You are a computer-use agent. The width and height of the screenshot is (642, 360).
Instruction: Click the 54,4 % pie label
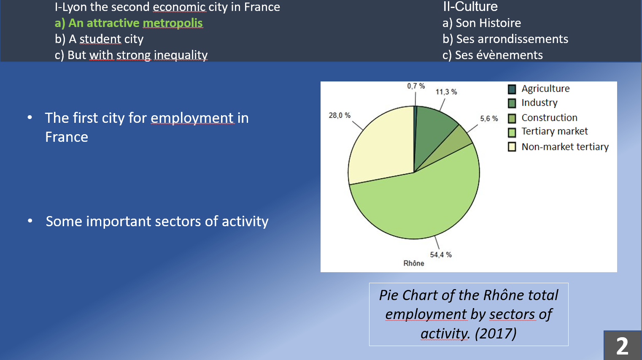[x=440, y=254]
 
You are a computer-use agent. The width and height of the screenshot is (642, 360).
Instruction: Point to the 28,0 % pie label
[x=340, y=115]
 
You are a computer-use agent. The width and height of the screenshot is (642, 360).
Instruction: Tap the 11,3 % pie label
[x=446, y=92]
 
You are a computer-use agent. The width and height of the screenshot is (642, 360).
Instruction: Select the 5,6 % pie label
[x=489, y=119]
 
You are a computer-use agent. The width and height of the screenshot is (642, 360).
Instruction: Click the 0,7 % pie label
[x=415, y=86]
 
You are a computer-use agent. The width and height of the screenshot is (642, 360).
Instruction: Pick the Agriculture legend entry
[x=545, y=89]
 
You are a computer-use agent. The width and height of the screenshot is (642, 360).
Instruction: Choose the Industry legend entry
[x=539, y=103]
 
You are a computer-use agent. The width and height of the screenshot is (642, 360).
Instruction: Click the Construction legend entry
[x=549, y=118]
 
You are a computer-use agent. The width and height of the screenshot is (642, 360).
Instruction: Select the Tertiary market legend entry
[x=554, y=132]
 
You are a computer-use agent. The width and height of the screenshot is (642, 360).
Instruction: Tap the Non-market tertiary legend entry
[x=565, y=147]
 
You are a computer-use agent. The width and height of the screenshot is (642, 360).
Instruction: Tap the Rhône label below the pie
[x=413, y=263]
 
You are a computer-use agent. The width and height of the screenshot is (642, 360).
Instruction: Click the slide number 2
[x=622, y=346]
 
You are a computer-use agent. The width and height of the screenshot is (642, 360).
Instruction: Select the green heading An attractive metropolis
[x=129, y=23]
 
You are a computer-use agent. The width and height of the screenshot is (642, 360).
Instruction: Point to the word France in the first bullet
[x=67, y=137]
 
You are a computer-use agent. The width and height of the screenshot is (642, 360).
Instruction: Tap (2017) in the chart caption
[x=496, y=333]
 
